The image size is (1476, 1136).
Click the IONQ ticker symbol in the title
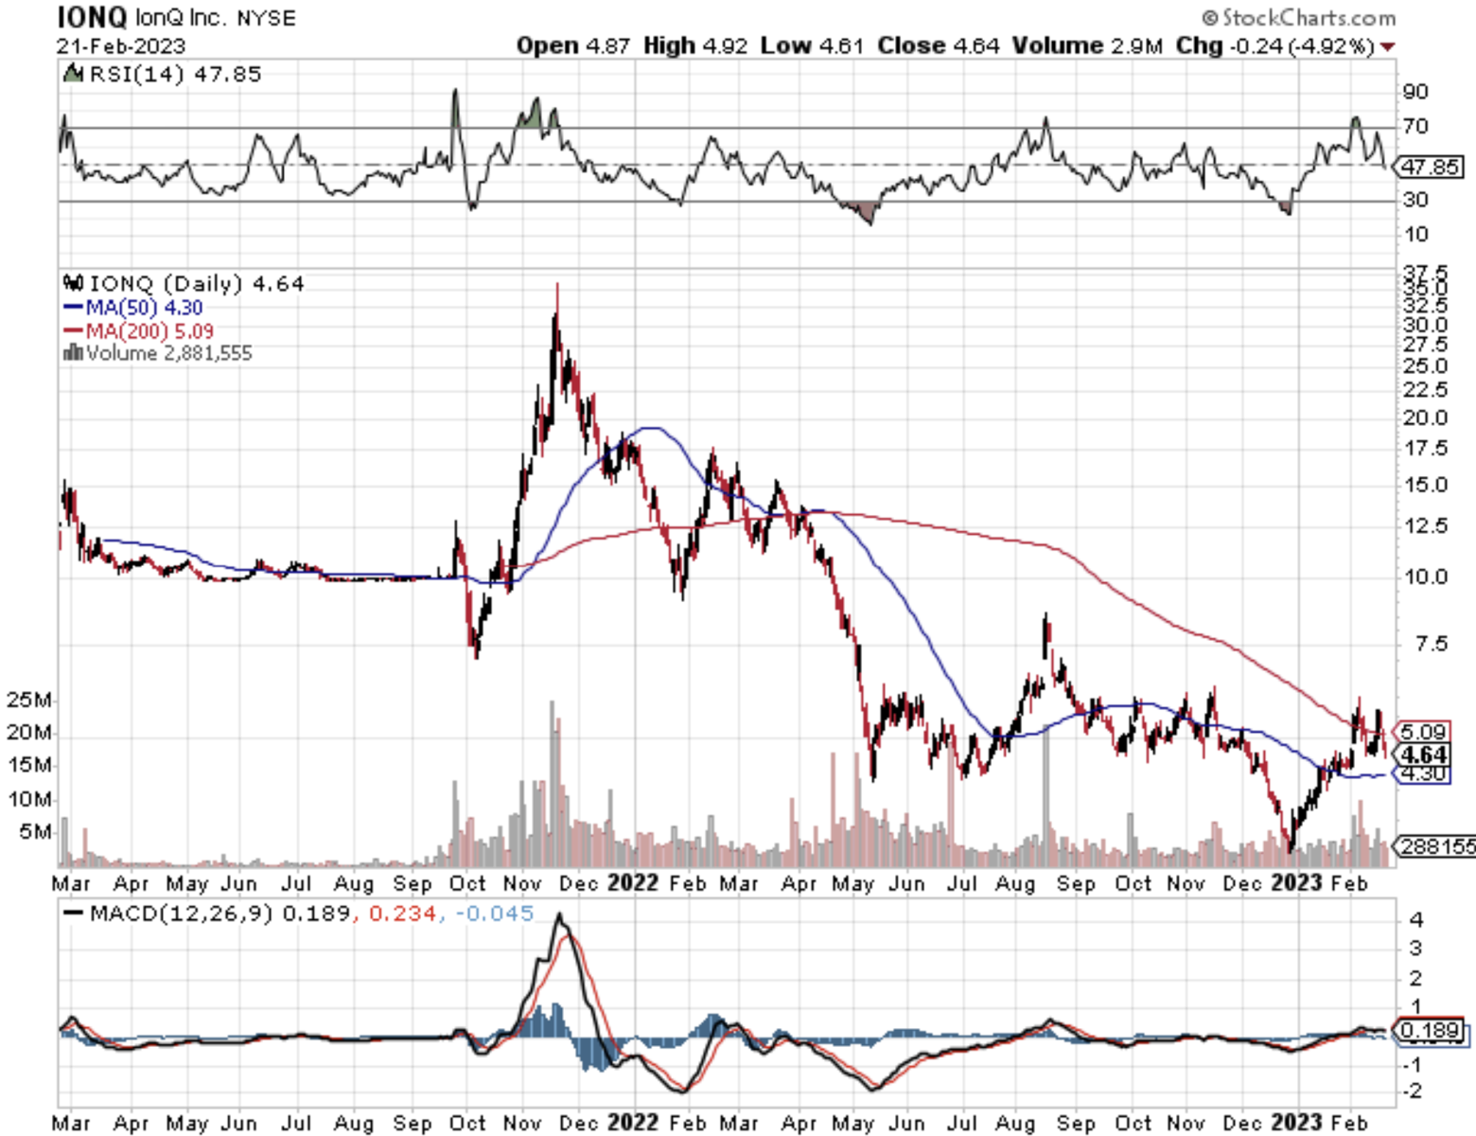[x=91, y=17]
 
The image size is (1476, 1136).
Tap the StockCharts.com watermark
[x=1298, y=18]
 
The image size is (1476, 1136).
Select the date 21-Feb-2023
[x=120, y=45]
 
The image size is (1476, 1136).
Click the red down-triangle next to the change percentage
[x=1387, y=46]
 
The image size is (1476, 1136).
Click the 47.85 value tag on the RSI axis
[x=1429, y=168]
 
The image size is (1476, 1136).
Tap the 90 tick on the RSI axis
[x=1415, y=92]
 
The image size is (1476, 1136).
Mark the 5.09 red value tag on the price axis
[x=1423, y=731]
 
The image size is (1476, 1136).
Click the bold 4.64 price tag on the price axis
[x=1424, y=754]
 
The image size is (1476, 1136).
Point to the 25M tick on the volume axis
[x=28, y=701]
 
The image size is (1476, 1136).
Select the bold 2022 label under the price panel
[x=632, y=882]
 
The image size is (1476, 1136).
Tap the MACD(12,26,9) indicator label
[x=181, y=914]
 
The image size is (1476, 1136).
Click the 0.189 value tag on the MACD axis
[x=1431, y=1030]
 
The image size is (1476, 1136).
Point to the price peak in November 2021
[x=556, y=286]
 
